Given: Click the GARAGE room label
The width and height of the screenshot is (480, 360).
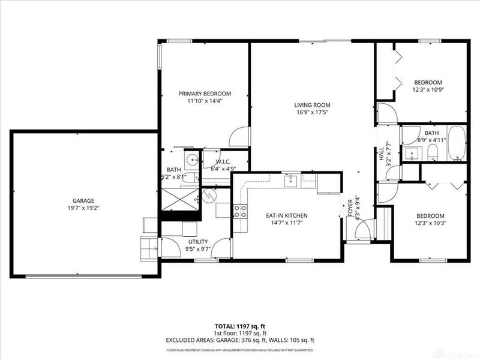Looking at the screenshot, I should point(85,201).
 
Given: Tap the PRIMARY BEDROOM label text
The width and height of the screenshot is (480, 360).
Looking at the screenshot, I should point(205,94).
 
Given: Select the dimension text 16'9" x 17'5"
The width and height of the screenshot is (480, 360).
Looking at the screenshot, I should point(312,112).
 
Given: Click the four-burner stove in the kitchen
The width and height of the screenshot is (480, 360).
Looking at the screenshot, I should point(240,210).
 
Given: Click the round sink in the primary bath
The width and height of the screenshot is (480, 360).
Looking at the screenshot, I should point(191,160).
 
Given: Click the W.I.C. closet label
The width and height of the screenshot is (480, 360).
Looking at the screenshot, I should point(223,162).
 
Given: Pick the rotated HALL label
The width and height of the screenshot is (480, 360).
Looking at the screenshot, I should point(380,154).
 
